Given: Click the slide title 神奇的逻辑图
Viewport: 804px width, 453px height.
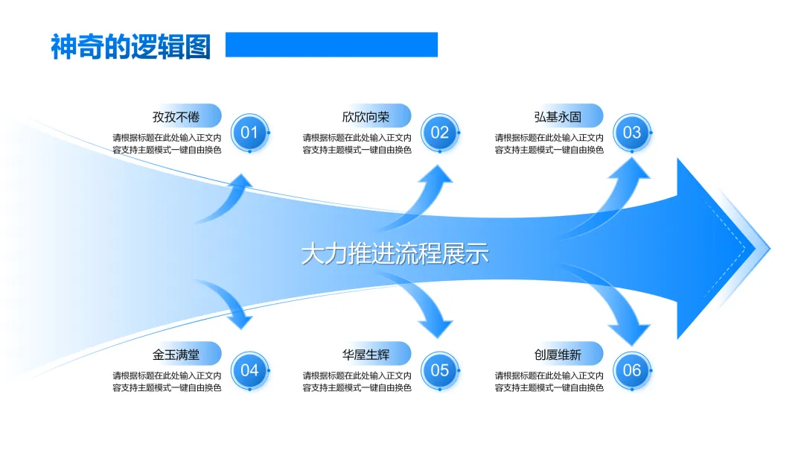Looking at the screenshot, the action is [131, 46].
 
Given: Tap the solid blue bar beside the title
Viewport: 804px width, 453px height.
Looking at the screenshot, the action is [331, 45].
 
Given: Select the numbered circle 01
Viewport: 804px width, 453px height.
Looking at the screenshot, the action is [249, 133].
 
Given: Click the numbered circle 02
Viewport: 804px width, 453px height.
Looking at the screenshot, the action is [440, 133].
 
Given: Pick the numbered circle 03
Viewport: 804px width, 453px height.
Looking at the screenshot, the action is [632, 133].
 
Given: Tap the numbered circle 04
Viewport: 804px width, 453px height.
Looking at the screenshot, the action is [249, 370].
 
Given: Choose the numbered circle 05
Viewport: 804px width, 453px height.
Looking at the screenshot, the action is [440, 370].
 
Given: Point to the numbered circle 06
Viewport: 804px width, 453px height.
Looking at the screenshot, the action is [632, 370].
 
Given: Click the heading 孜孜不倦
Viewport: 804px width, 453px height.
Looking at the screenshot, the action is [176, 117].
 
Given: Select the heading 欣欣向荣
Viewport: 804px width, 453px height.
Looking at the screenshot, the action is [366, 117].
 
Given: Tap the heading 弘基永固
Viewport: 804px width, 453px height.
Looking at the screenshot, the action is [558, 117].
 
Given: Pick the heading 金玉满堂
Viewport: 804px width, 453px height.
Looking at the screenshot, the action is [176, 355].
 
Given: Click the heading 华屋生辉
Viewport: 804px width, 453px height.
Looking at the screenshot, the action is [366, 355].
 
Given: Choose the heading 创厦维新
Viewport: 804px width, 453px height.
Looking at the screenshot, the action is [558, 355].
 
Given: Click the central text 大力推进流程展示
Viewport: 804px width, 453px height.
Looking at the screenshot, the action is [395, 254].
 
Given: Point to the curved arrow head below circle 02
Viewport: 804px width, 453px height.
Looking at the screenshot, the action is [438, 176].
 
